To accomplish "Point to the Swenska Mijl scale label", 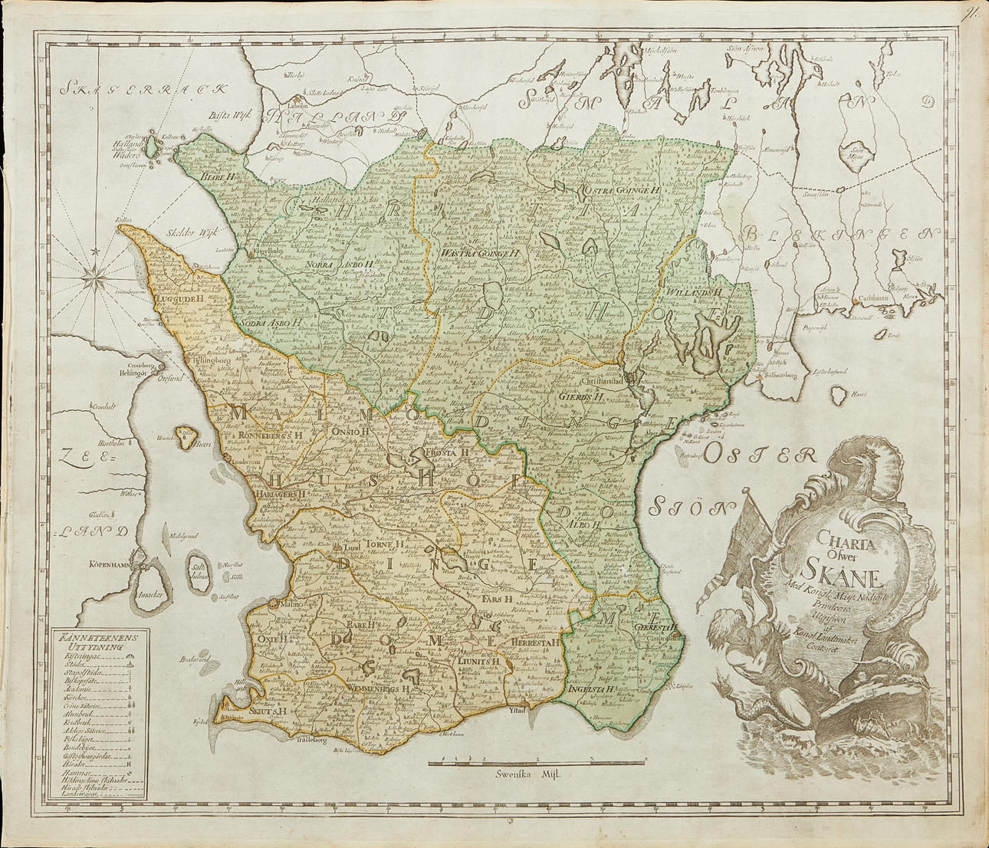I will tap(528, 774).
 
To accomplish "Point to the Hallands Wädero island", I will tap(153, 145).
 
